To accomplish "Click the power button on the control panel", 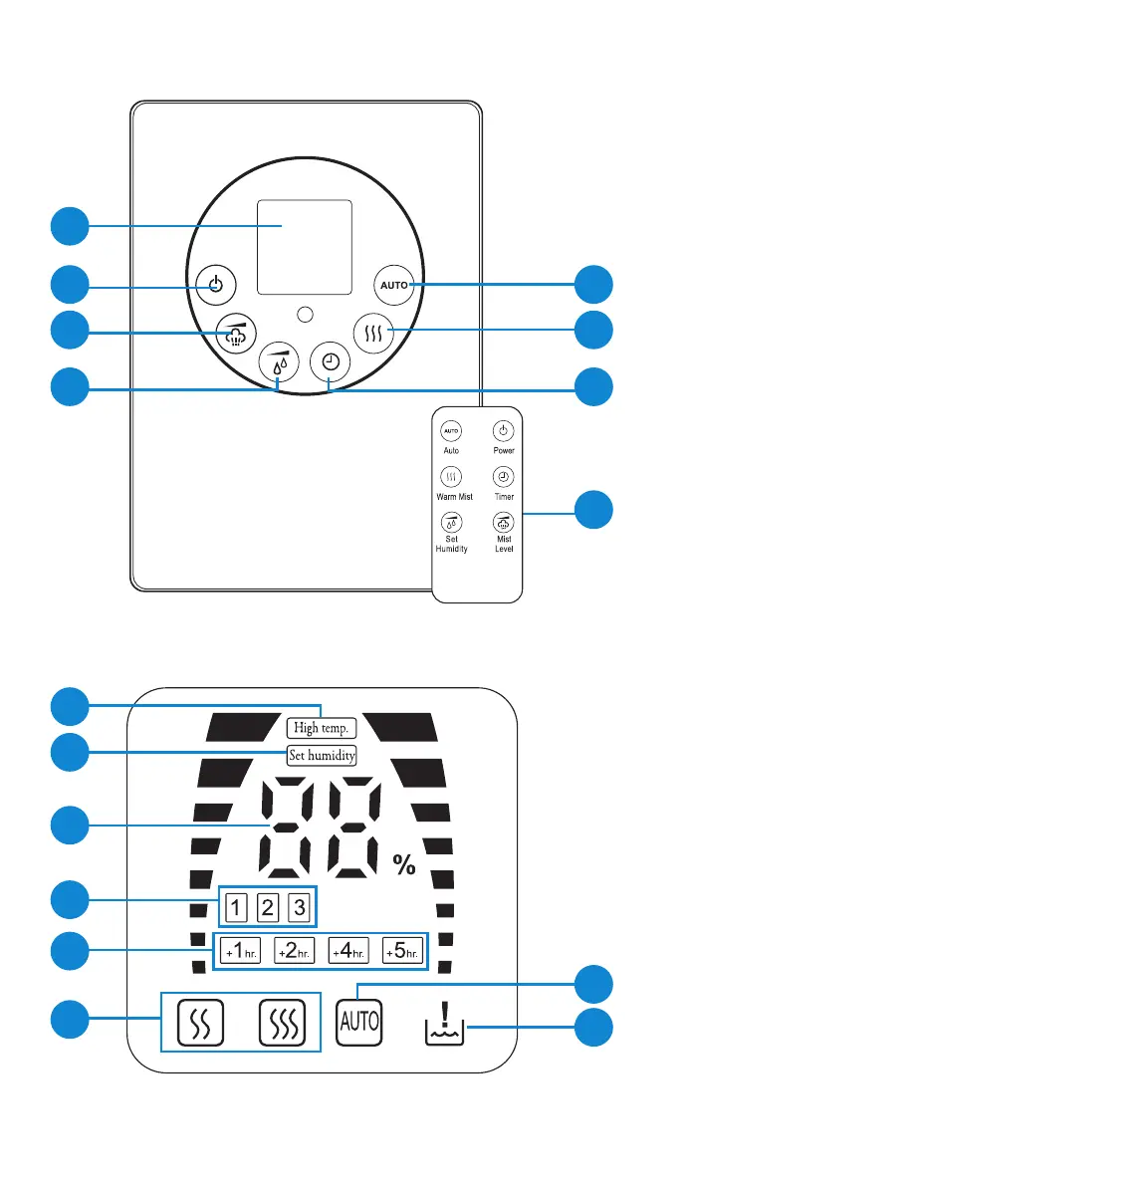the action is pyautogui.click(x=215, y=287).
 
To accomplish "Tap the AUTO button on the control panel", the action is pyautogui.click(x=394, y=286).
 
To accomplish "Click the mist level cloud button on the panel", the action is pyautogui.click(x=236, y=333).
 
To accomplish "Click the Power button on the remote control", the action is pyautogui.click(x=504, y=431).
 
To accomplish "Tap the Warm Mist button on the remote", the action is pyautogui.click(x=451, y=477).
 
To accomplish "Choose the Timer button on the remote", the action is pyautogui.click(x=504, y=477).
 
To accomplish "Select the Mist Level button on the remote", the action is pyautogui.click(x=504, y=523).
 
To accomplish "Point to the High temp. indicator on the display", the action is pyautogui.click(x=321, y=728).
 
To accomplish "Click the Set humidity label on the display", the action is pyautogui.click(x=322, y=756).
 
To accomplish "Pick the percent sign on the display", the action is pyautogui.click(x=404, y=864).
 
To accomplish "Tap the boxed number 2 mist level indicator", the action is pyautogui.click(x=268, y=908).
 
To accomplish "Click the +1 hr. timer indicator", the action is pyautogui.click(x=241, y=951).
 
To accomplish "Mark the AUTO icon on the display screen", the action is pyautogui.click(x=359, y=1021).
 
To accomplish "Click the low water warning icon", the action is pyautogui.click(x=444, y=1023).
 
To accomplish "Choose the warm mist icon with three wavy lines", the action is pyautogui.click(x=282, y=1023).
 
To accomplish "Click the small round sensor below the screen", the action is pyautogui.click(x=306, y=315).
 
